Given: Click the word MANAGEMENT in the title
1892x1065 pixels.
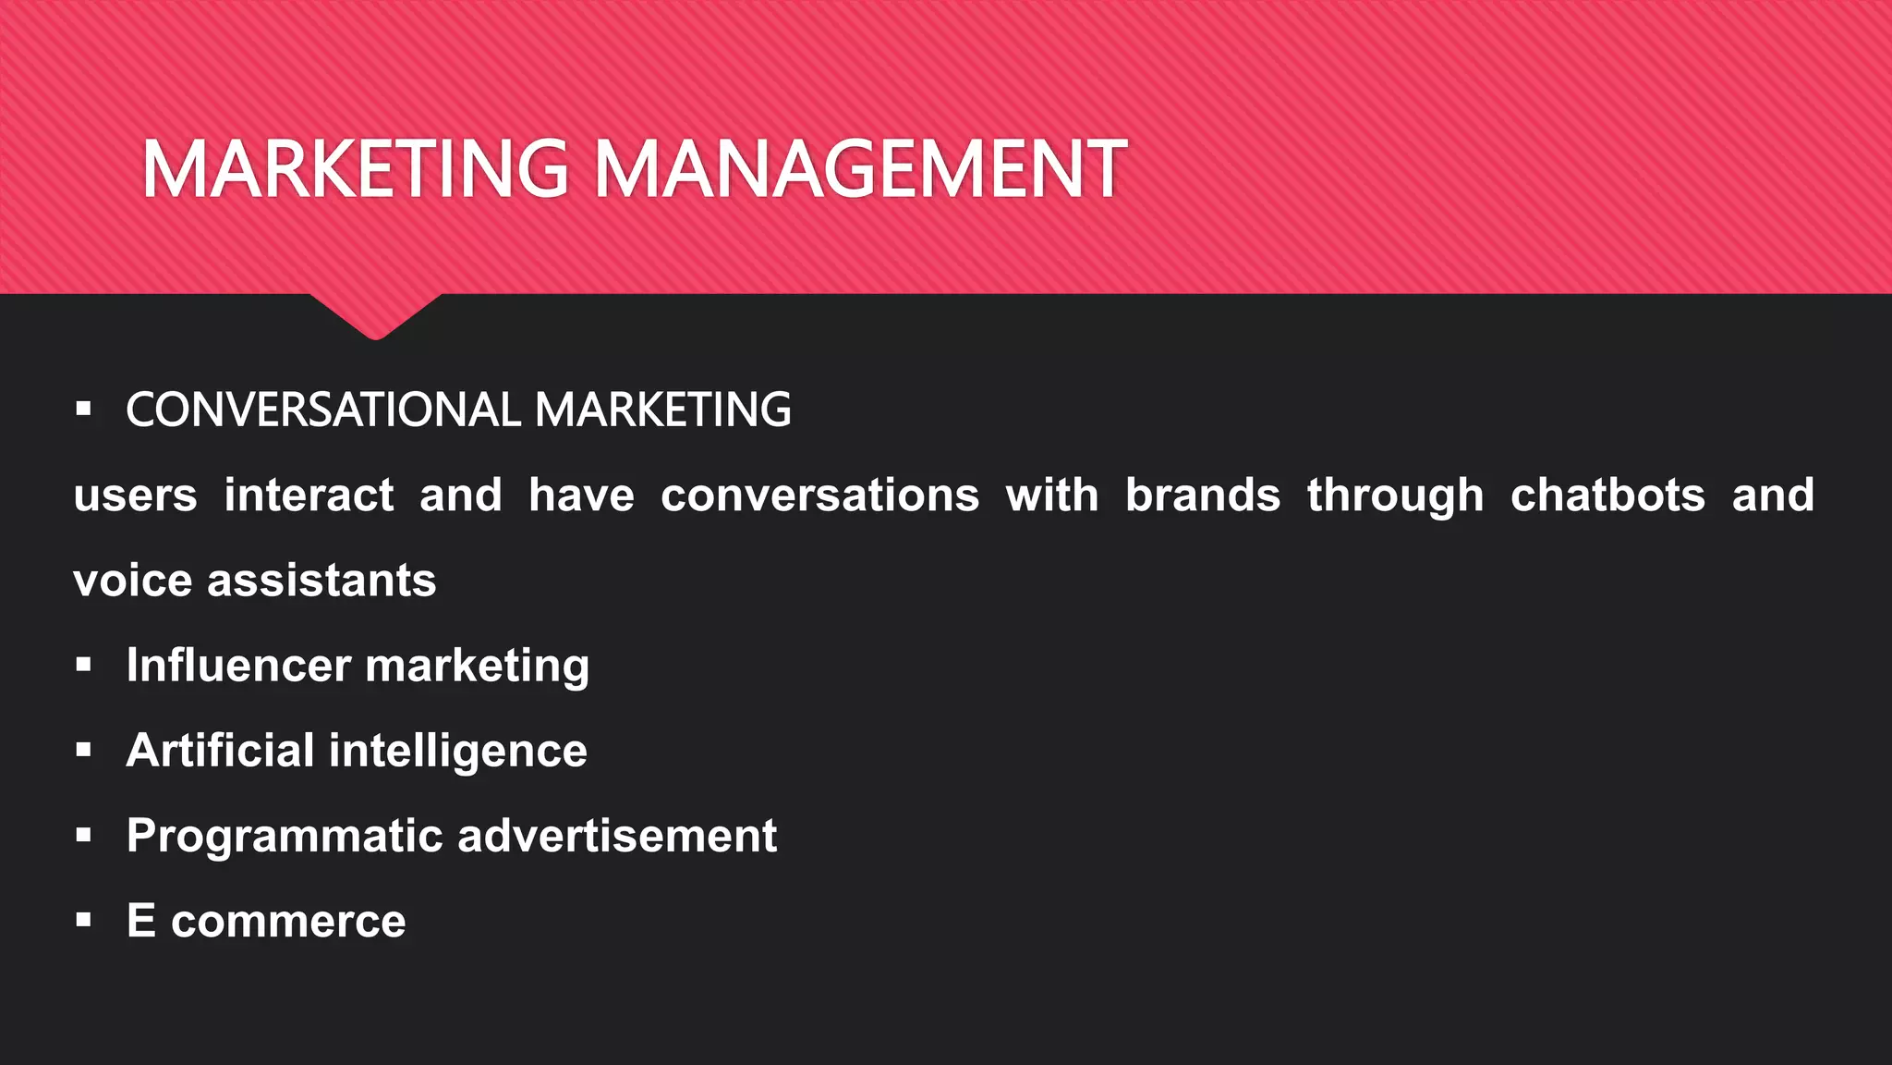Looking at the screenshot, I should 859,169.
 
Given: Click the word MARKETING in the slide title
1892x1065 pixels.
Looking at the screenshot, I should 355,169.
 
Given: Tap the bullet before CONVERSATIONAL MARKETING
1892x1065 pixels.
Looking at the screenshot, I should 84,409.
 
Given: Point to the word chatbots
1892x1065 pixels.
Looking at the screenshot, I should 1607,496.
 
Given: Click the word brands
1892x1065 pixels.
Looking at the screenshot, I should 1203,496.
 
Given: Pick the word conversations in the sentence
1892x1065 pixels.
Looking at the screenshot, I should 819,496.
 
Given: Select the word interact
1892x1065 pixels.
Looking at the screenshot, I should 309,496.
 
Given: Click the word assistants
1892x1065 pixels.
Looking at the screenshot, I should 321,581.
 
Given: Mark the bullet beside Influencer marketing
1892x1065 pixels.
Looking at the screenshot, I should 84,665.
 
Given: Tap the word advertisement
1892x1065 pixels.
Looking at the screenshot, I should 617,836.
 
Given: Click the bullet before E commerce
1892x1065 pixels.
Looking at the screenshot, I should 84,920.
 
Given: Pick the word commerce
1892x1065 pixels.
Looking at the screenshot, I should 288,922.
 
